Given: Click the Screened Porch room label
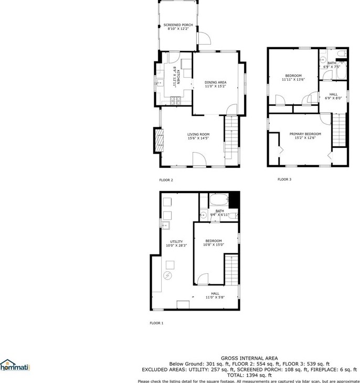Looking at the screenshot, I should [178, 25].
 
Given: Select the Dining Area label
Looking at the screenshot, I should [215, 82].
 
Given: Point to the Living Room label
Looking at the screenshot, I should [198, 134].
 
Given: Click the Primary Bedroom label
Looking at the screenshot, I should [305, 134].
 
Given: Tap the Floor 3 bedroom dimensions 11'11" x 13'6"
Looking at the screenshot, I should [293, 79].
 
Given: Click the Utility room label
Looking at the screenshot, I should [176, 242].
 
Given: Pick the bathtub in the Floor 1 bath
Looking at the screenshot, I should [218, 200].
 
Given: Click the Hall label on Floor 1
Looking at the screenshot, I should [215, 294].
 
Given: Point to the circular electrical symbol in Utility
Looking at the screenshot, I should [168, 275].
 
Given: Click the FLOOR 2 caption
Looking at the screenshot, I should [166, 180].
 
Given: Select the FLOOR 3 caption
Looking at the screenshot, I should [284, 179].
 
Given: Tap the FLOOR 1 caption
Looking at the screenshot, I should [156, 323].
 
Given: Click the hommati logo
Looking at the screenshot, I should [15, 366].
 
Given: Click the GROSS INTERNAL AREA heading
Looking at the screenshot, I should [249, 358].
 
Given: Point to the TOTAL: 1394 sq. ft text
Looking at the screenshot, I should [249, 375].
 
